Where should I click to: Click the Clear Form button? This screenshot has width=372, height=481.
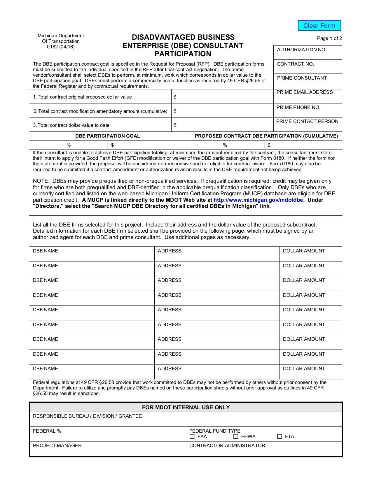coord(319,26)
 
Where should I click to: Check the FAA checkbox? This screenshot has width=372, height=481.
coord(192,436)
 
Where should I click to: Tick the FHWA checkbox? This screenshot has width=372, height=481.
coord(236,436)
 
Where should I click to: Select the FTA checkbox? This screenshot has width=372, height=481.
coord(280,436)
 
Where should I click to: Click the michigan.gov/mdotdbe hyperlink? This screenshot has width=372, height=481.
coord(258,200)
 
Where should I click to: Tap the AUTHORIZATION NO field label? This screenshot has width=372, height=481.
coord(301,50)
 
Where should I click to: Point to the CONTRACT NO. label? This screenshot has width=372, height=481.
coord(295,64)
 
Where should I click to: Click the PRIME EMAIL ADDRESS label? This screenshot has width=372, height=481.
coord(304,92)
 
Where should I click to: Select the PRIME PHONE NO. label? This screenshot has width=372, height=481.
coord(298,108)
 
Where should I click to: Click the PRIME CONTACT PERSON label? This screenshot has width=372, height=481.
coord(307,122)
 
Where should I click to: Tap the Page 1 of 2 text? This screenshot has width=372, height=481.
coord(329,38)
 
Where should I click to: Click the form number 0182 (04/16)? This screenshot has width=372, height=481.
coord(61,47)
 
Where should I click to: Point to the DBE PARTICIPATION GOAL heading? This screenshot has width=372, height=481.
coord(107,136)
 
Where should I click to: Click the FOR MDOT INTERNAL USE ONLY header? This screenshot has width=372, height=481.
coord(186,408)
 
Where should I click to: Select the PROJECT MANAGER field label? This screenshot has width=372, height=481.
coord(57,446)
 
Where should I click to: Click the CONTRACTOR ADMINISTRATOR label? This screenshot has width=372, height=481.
coord(227,446)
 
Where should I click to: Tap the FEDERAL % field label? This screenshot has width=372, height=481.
coord(47,431)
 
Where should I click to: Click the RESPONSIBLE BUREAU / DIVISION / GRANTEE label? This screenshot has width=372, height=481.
coord(87,416)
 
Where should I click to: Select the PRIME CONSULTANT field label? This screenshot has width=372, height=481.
coord(302,78)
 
